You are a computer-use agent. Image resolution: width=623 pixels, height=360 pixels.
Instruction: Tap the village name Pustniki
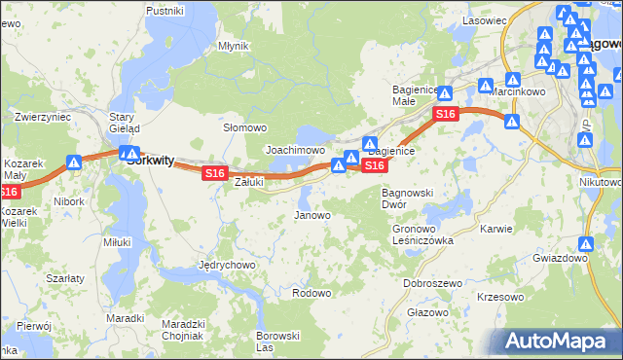tap(165, 10)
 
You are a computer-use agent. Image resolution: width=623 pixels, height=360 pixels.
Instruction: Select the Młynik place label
tap(234, 46)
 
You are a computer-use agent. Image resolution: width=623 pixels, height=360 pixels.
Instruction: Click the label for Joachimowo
tap(295, 151)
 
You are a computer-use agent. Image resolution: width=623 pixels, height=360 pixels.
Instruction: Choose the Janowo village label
tap(312, 215)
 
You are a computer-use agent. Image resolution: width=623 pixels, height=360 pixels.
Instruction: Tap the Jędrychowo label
tap(227, 265)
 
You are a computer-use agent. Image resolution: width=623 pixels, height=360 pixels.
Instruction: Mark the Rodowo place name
tap(311, 293)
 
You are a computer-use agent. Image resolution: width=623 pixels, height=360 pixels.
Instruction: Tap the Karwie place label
tap(496, 230)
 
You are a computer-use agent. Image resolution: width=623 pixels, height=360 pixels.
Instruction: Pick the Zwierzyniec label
tap(43, 117)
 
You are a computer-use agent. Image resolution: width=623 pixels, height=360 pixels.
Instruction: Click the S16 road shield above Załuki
tap(215, 173)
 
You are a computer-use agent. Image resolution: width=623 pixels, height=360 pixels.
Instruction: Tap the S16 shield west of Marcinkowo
tap(445, 115)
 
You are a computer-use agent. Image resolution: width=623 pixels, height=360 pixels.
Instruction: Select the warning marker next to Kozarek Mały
tap(74, 163)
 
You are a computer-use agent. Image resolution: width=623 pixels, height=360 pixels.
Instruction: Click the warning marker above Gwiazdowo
tap(587, 244)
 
